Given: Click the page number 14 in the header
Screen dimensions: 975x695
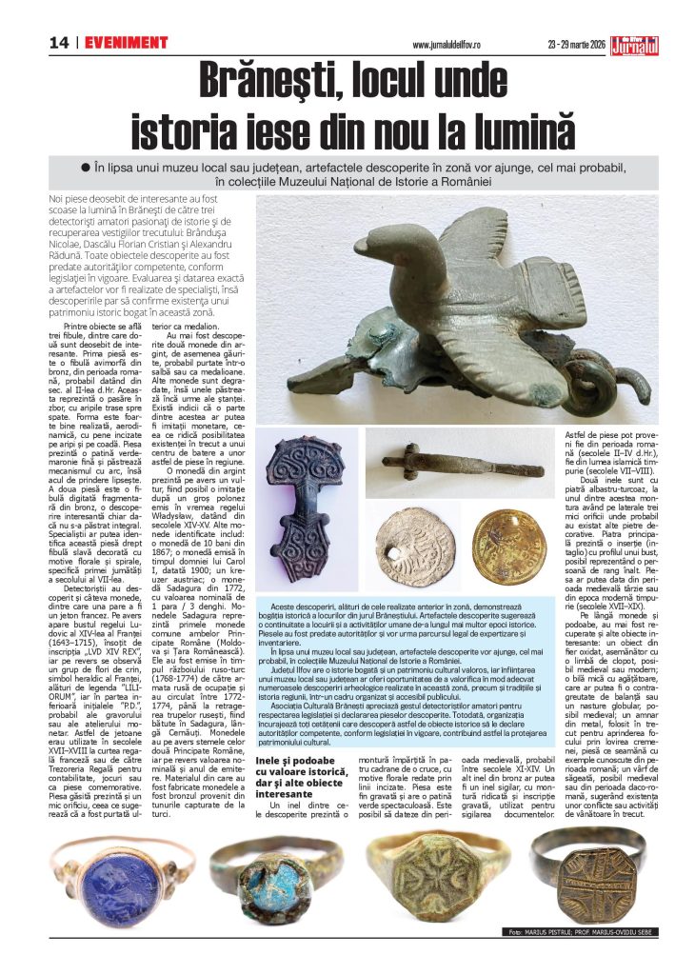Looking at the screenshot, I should click(x=60, y=43).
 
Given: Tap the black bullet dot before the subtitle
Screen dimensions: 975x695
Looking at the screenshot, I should click(x=84, y=166).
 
